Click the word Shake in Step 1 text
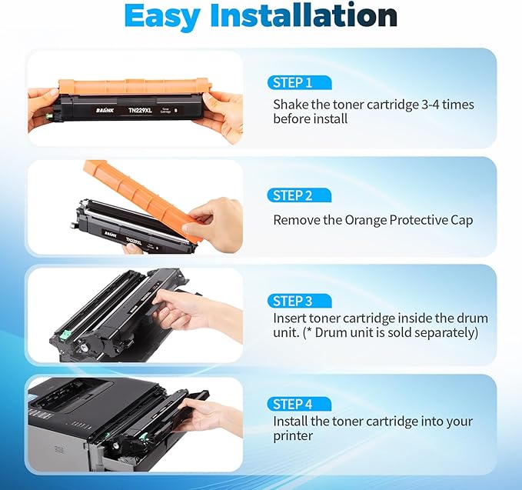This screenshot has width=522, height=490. point(291,104)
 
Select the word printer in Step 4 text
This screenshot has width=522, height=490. point(293,436)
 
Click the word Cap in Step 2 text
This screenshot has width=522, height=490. point(461,220)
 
